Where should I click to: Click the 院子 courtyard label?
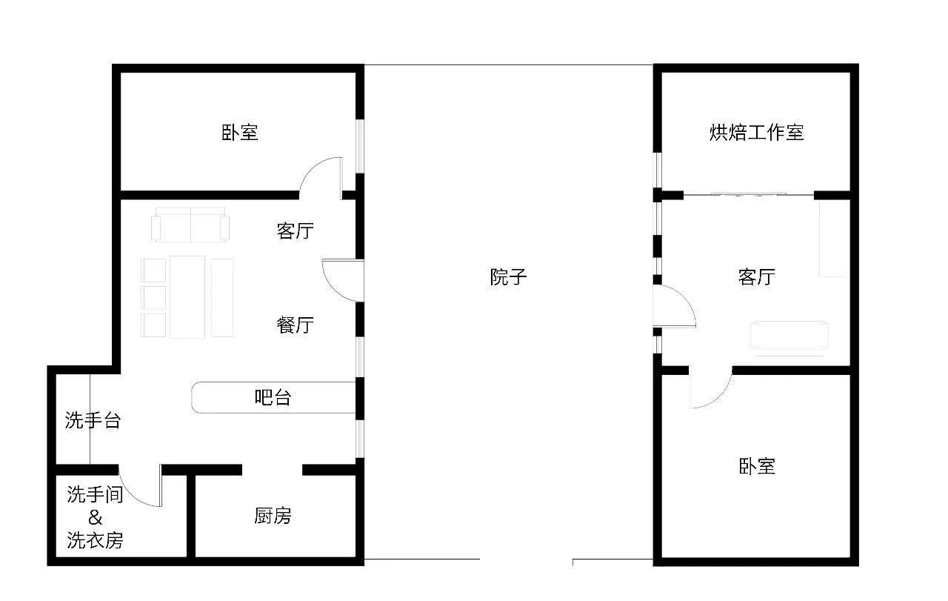point(508,277)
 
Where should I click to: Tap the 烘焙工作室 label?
point(756,133)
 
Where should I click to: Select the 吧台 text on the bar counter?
point(273,398)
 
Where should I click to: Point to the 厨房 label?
point(273,516)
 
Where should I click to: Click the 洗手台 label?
point(93,421)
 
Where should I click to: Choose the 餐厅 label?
point(295,325)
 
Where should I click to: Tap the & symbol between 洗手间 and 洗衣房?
point(95,518)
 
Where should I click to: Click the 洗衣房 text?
point(95,541)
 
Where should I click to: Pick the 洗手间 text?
point(95,495)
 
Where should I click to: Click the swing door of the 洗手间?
point(142,488)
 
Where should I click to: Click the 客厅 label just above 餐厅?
point(295,231)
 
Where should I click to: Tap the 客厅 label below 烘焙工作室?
point(756,277)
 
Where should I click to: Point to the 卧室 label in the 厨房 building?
point(240,133)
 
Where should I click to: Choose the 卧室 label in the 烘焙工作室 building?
point(756,467)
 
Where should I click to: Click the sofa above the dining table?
point(190,226)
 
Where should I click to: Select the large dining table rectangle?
point(187,296)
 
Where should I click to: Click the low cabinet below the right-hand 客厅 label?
point(789,336)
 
